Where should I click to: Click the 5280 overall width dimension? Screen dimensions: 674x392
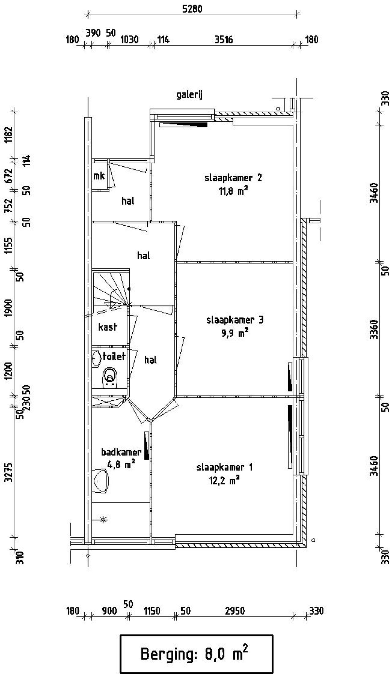pyautogui.click(x=192, y=9)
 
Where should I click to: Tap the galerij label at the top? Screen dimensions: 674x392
pyautogui.click(x=190, y=95)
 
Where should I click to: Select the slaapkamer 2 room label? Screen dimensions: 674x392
pyautogui.click(x=233, y=178)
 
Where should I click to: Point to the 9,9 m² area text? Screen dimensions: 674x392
pyautogui.click(x=235, y=333)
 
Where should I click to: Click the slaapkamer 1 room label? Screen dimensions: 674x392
pyautogui.click(x=224, y=467)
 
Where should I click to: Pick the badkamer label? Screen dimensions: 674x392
pyautogui.click(x=121, y=452)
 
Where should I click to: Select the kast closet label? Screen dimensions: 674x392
pyautogui.click(x=107, y=327)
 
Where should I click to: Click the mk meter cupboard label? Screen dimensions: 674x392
pyautogui.click(x=99, y=176)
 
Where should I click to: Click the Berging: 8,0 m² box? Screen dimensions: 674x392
pyautogui.click(x=196, y=654)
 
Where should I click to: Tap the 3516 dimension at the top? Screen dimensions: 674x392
pyautogui.click(x=224, y=40)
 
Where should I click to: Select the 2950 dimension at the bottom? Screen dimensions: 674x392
pyautogui.click(x=235, y=611)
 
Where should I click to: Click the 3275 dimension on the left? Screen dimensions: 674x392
pyautogui.click(x=9, y=472)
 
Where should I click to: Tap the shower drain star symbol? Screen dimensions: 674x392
pyautogui.click(x=104, y=519)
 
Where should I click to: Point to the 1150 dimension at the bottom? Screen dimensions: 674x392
pyautogui.click(x=152, y=611)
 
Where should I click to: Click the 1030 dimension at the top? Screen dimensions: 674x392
pyautogui.click(x=129, y=40)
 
